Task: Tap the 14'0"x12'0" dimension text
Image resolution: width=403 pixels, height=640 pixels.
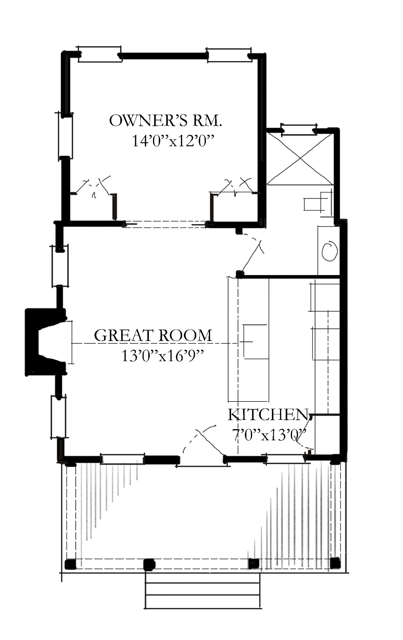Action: (x=174, y=141)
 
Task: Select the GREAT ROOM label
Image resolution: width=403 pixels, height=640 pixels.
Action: (x=153, y=335)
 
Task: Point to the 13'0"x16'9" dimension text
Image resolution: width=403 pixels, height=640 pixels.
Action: (x=162, y=356)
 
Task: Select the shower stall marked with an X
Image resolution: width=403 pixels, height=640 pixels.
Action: (x=300, y=159)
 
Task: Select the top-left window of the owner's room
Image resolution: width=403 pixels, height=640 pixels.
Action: (x=100, y=54)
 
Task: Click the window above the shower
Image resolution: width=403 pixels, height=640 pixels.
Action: (x=299, y=130)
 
